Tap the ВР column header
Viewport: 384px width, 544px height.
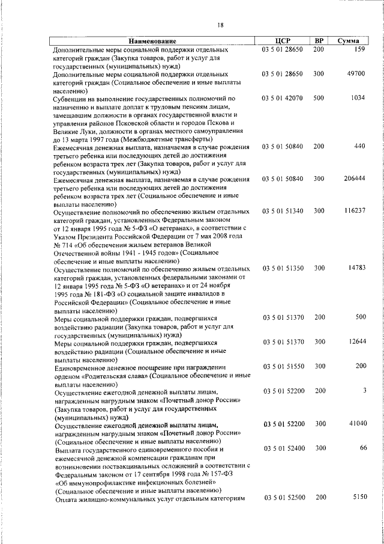point(319,41)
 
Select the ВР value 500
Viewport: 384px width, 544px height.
point(319,97)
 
